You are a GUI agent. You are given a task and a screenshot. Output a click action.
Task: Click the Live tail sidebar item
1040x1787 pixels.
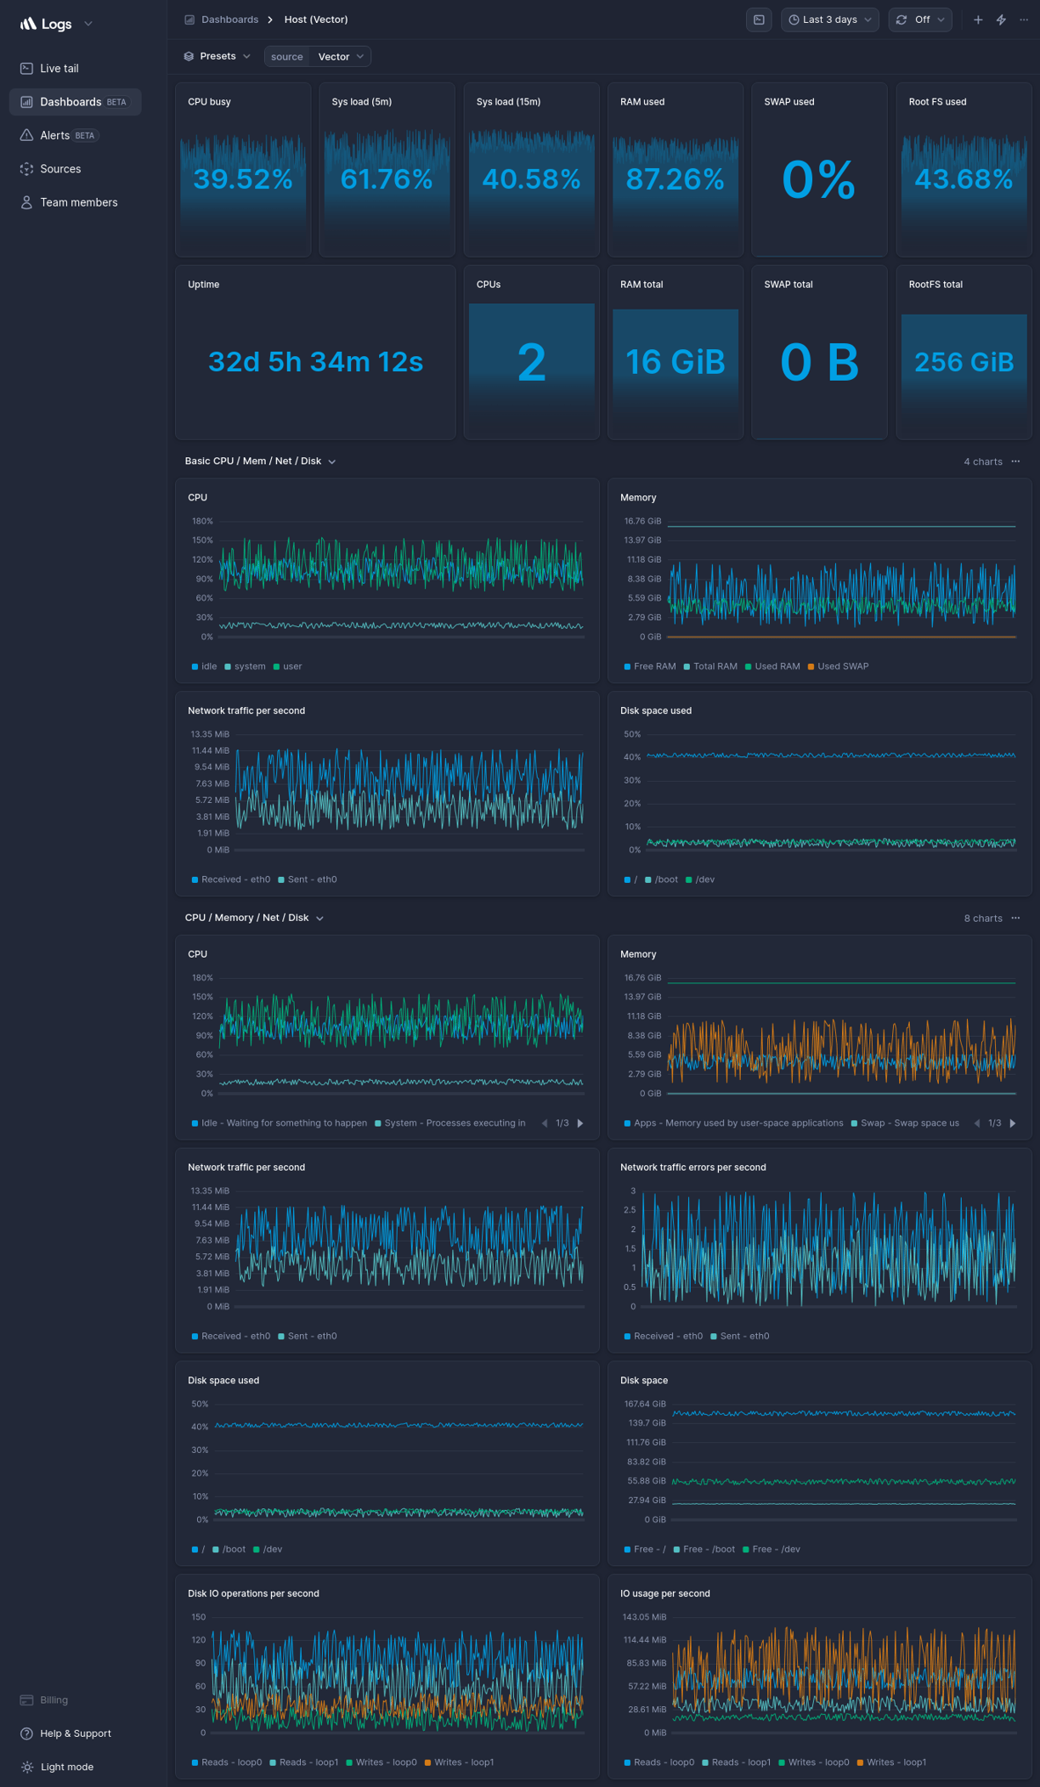pos(59,68)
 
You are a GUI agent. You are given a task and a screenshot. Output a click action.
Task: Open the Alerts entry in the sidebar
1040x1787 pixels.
pos(55,135)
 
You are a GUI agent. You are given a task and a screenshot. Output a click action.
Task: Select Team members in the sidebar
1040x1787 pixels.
pos(78,202)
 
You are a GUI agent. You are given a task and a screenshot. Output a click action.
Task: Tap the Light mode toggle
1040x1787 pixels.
pos(66,1767)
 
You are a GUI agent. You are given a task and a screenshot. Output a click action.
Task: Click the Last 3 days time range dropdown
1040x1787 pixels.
pos(829,20)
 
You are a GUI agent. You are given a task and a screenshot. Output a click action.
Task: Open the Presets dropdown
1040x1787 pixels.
pos(218,56)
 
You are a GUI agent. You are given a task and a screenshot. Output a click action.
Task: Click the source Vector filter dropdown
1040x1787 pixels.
pos(317,57)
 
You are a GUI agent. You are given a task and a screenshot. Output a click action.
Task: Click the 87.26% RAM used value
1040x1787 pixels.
pos(675,179)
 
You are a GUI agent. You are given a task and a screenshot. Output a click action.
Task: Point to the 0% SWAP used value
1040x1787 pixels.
pos(818,179)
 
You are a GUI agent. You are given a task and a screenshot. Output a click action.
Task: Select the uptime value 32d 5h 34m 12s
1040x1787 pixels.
pos(315,362)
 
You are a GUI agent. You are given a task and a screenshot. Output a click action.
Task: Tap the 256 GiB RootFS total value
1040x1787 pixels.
pos(964,363)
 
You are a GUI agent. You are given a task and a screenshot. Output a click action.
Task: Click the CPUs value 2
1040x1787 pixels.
pos(531,362)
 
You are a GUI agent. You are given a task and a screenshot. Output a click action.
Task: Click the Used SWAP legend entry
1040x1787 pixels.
pos(842,666)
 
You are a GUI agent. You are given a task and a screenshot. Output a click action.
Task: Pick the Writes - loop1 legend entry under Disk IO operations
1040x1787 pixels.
pos(463,1762)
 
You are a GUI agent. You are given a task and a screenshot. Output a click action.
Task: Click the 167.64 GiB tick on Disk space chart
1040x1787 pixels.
pos(644,1404)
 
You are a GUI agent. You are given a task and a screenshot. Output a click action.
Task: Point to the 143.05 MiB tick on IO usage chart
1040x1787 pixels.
pos(644,1617)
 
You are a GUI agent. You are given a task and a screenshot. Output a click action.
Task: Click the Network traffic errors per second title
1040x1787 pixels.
pos(692,1168)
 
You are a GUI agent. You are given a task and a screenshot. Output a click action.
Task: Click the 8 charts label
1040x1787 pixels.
pos(982,919)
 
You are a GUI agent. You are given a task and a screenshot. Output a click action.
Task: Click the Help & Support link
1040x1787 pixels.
pos(75,1733)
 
